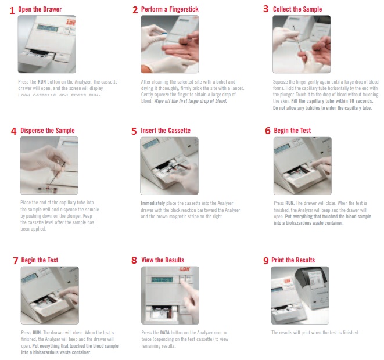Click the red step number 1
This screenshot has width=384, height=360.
(12, 10)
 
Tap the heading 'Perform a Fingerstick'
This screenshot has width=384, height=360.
(170, 9)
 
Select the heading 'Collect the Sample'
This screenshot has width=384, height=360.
(297, 9)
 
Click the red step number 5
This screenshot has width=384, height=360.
(134, 131)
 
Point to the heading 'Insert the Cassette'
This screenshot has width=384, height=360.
(166, 131)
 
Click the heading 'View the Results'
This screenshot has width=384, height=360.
(163, 260)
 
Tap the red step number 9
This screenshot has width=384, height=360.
(266, 260)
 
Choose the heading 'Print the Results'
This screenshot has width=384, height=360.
(293, 260)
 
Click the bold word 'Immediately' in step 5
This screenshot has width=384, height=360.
(153, 203)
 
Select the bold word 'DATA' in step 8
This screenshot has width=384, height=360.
(165, 333)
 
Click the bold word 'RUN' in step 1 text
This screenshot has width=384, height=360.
(42, 82)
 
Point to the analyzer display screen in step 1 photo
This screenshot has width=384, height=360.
(48, 28)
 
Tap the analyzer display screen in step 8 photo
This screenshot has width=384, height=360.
(162, 279)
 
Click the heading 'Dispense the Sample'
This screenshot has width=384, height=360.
(48, 131)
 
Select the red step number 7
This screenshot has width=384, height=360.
(16, 260)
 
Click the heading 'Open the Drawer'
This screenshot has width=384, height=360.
(40, 9)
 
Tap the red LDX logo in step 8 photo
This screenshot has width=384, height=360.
(185, 269)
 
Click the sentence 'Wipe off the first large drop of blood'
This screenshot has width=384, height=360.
(191, 101)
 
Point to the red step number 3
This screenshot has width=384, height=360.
(266, 9)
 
